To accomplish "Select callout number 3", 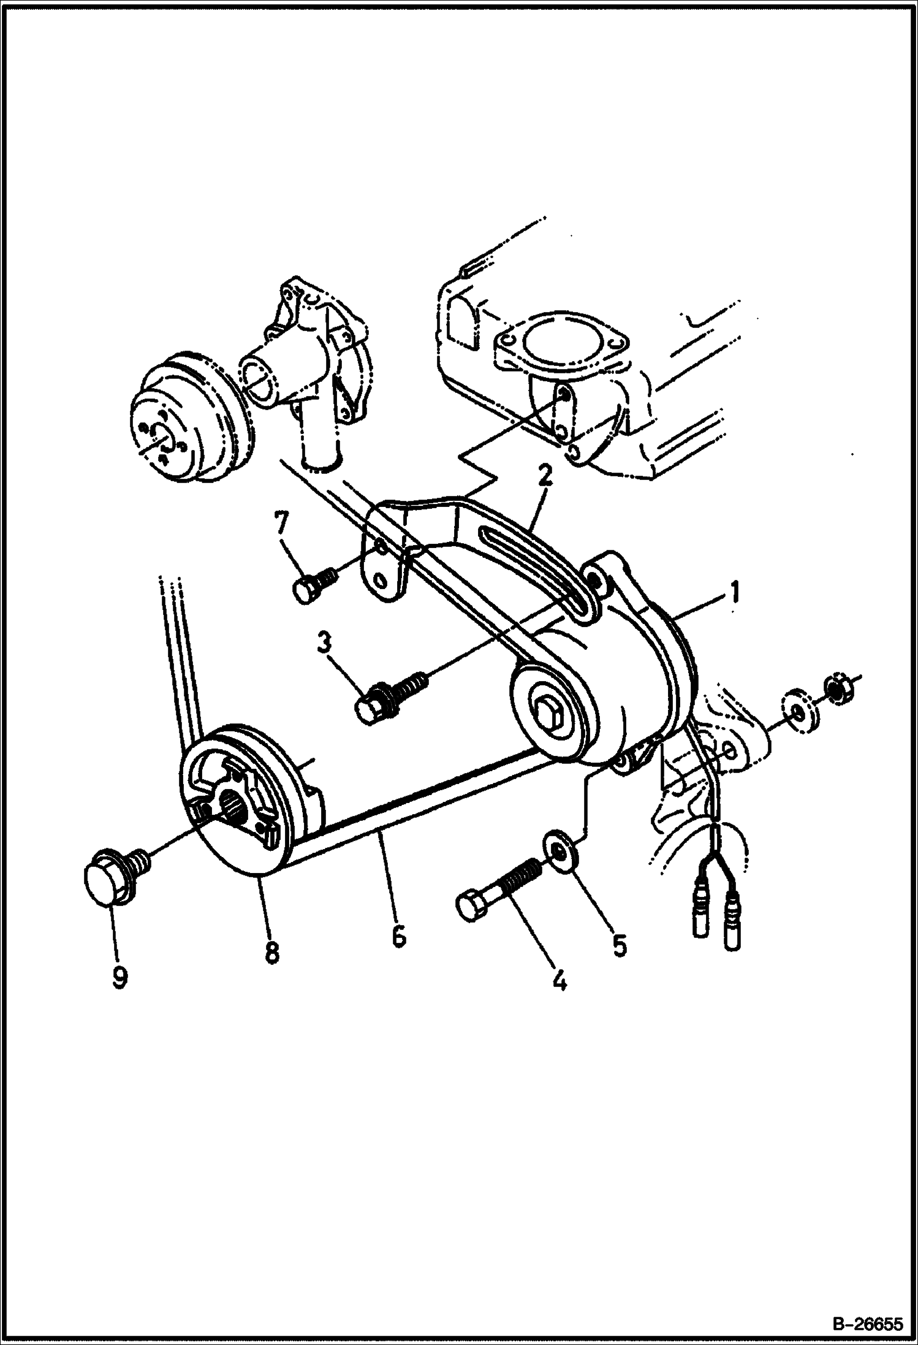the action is coord(324,645).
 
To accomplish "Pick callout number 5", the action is coord(619,945).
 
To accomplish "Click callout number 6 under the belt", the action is coord(398,936).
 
